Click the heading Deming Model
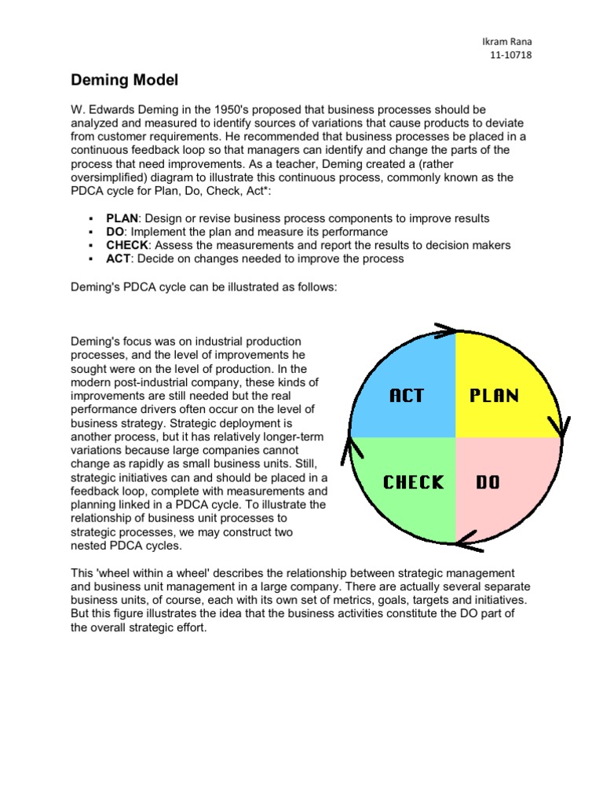[125, 80]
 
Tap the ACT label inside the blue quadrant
[407, 396]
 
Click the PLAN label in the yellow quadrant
[495, 396]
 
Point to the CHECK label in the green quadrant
[413, 482]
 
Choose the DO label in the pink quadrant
[488, 482]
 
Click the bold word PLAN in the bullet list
[122, 218]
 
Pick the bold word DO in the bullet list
[115, 232]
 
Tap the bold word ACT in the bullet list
[118, 258]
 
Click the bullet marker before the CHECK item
[92, 246]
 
